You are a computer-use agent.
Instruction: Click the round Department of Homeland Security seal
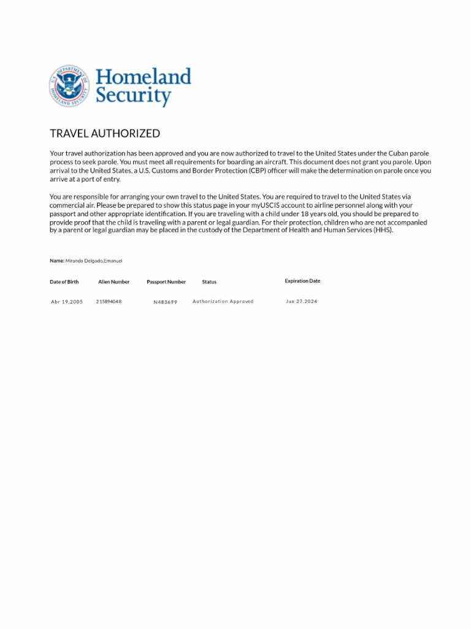pos(69,86)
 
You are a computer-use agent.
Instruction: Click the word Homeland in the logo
pos(143,77)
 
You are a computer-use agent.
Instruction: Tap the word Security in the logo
pos(132,96)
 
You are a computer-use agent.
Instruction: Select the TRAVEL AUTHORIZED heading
pos(105,133)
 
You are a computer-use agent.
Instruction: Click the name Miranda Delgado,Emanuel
pos(94,260)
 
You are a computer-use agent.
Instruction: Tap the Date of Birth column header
pos(64,282)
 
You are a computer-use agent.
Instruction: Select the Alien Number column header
pos(113,282)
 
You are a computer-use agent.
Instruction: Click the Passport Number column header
pos(166,282)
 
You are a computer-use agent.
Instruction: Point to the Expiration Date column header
pos(302,281)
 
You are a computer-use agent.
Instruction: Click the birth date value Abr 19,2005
pos(67,302)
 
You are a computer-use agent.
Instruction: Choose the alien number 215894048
pos(109,302)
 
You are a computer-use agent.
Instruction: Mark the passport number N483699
pos(166,302)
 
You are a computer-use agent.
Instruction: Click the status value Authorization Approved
pos(223,302)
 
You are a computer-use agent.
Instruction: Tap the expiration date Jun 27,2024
pos(302,302)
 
